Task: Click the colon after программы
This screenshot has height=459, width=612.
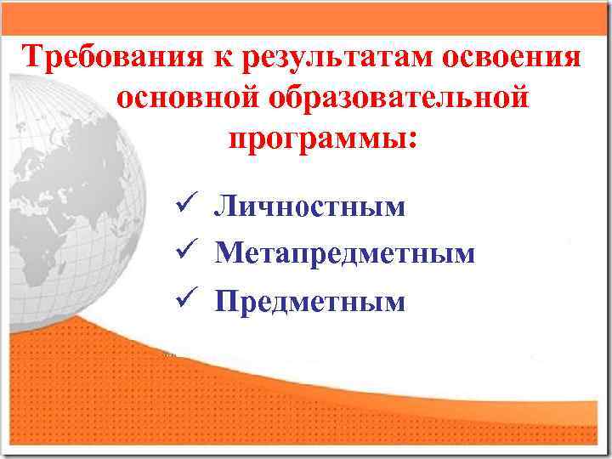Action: [x=414, y=140]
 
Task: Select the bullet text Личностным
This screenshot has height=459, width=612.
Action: [x=310, y=207]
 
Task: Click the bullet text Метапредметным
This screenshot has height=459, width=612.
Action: [x=345, y=253]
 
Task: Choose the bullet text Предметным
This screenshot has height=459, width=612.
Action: [x=310, y=300]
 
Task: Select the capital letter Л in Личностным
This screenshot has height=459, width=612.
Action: [x=225, y=207]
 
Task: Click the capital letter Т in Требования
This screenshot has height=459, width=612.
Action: [x=33, y=59]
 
